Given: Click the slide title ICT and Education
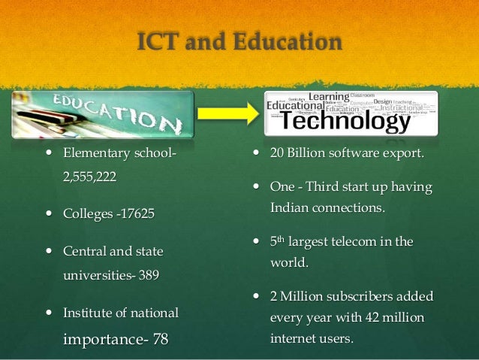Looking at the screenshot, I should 239,41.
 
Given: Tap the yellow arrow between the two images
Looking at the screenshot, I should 228,114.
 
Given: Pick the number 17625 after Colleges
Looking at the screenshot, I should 135,214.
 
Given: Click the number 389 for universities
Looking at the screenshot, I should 149,275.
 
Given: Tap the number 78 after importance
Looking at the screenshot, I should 160,339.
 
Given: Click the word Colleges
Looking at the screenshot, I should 86,214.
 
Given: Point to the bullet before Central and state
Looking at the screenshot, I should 47,250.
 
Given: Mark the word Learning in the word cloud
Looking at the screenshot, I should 328,97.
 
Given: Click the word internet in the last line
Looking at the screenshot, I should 292,339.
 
